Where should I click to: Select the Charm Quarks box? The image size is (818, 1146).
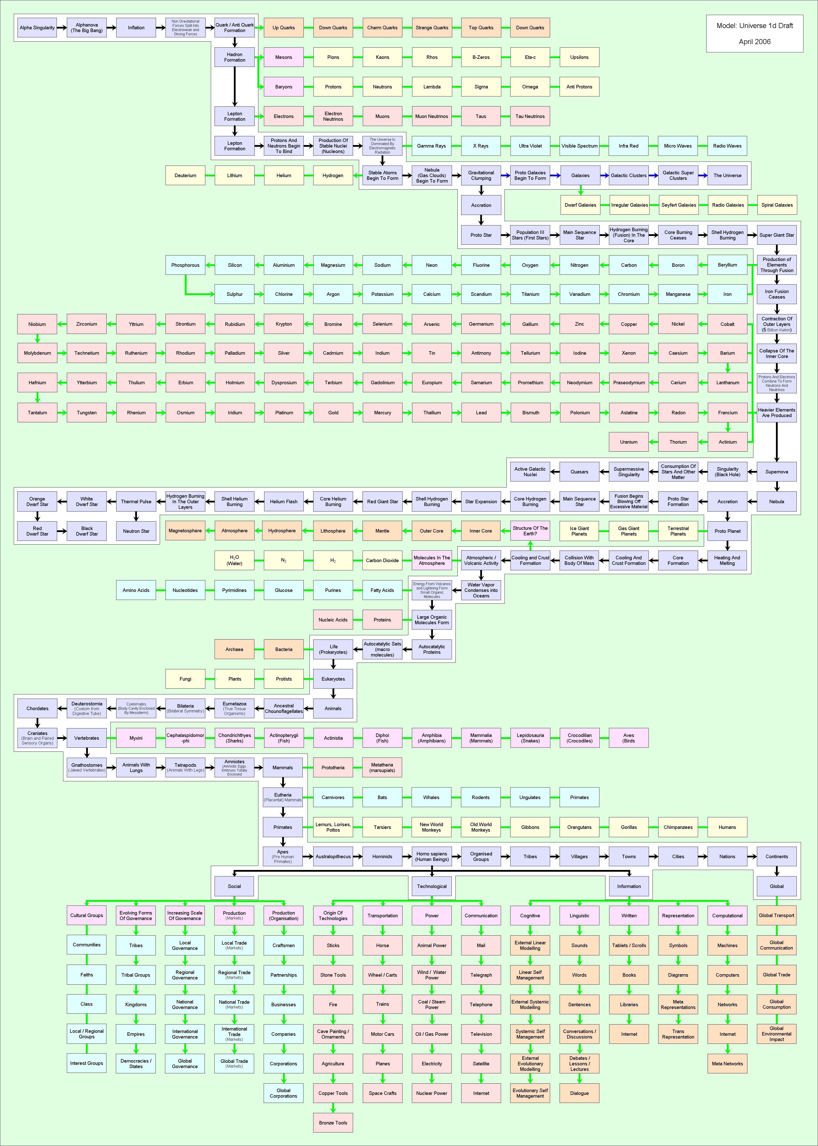click(382, 28)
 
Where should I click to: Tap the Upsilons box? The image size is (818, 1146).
click(579, 57)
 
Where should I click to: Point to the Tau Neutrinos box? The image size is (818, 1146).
click(530, 116)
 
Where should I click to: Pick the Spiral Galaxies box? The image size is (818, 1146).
click(777, 205)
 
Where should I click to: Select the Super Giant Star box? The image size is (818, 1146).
click(777, 235)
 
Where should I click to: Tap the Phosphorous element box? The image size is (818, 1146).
click(185, 265)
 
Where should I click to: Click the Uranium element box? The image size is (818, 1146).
click(629, 442)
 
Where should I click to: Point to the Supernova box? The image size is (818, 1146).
click(777, 472)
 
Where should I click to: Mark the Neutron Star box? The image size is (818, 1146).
click(136, 531)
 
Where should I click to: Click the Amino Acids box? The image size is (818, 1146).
click(136, 590)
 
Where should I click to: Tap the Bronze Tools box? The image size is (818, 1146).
click(333, 1123)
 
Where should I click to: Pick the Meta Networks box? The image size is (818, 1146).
click(727, 1064)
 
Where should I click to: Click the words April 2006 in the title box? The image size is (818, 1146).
click(755, 42)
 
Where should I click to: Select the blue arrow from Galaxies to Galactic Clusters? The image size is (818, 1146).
click(604, 175)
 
